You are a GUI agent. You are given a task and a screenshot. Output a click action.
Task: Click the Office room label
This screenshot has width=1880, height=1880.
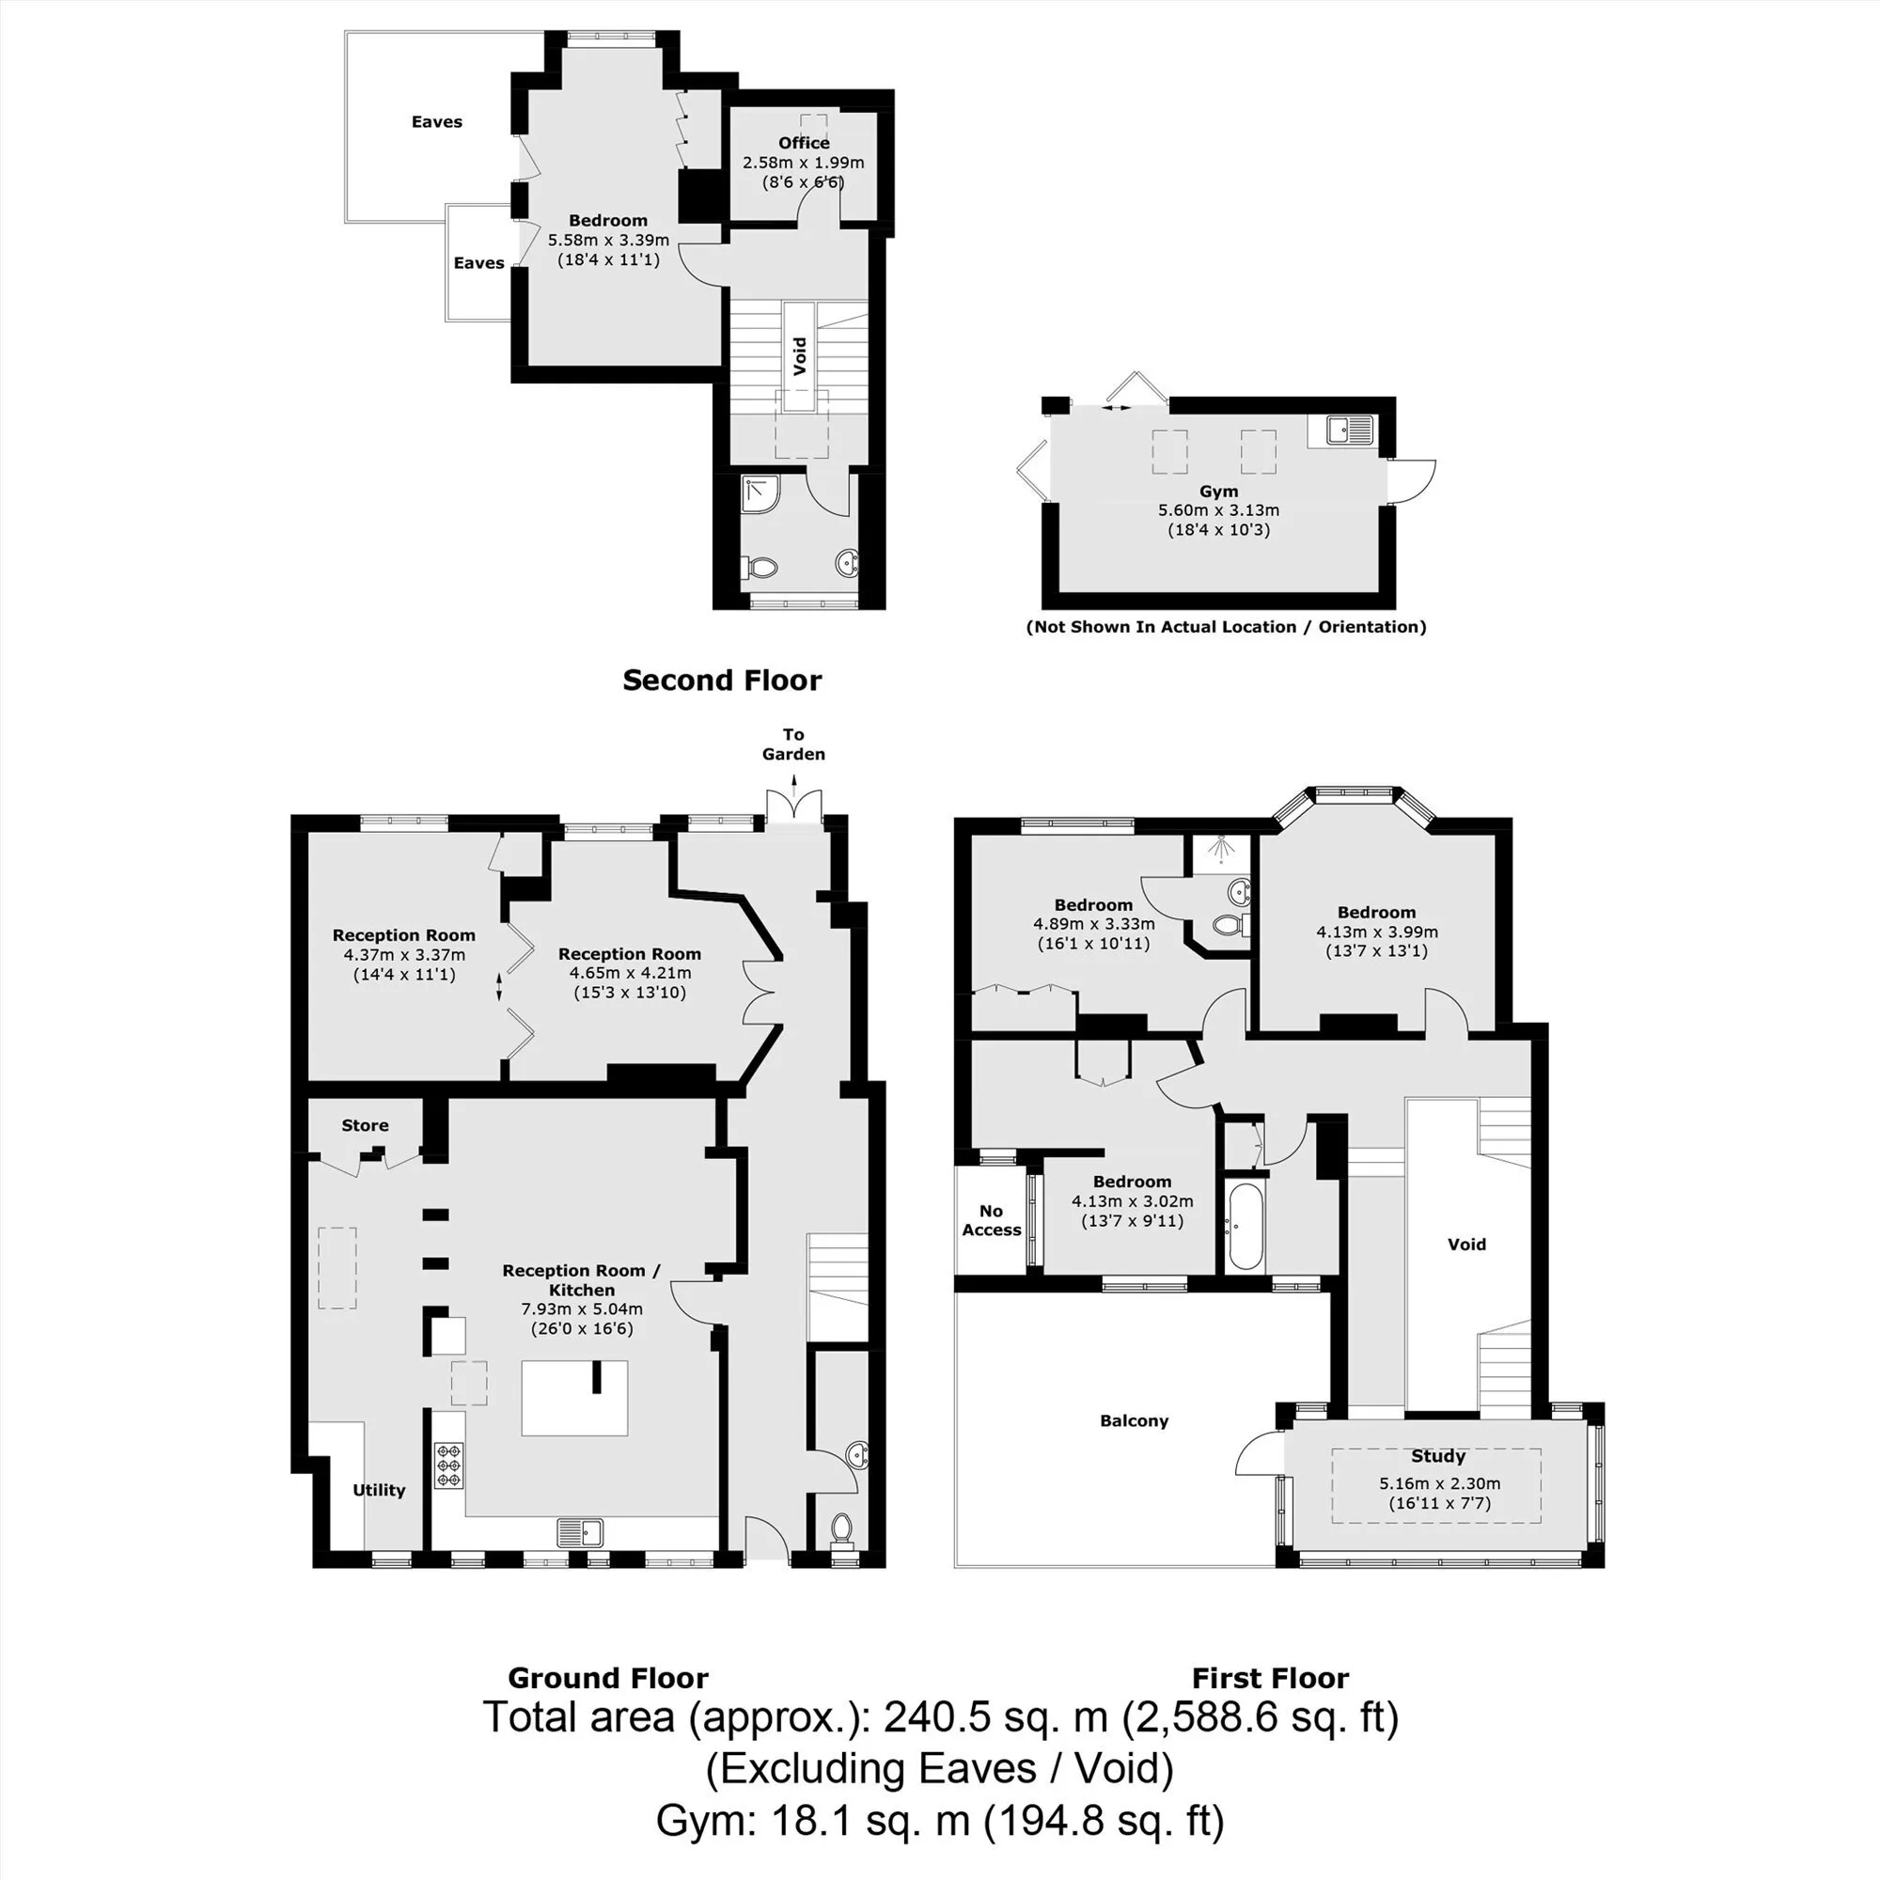click(x=804, y=143)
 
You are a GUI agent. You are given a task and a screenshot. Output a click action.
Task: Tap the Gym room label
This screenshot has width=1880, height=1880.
click(x=1218, y=492)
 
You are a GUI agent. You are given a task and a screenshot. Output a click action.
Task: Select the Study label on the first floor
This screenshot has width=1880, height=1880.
click(x=1438, y=1456)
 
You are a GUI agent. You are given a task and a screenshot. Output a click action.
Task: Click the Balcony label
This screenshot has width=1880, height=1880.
click(x=1134, y=1420)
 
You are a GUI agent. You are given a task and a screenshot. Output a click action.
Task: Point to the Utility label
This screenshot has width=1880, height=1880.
click(x=379, y=1490)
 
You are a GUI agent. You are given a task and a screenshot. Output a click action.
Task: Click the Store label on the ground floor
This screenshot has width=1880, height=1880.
click(x=365, y=1125)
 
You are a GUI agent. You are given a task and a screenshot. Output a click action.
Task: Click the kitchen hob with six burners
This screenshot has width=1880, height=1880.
click(x=448, y=1463)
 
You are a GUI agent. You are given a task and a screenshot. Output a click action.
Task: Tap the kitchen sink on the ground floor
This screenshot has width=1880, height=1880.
click(x=580, y=1532)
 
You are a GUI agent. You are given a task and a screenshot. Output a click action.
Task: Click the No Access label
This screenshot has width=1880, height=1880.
click(x=992, y=1220)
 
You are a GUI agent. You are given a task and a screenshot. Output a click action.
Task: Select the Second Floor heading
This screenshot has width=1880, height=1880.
click(x=722, y=681)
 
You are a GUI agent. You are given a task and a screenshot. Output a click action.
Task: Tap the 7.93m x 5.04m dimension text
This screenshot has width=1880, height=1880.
click(x=582, y=1308)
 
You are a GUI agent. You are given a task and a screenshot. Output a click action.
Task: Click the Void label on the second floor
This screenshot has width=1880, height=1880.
click(x=800, y=356)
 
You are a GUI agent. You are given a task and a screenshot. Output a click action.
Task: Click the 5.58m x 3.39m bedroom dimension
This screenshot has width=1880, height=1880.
click(x=608, y=241)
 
